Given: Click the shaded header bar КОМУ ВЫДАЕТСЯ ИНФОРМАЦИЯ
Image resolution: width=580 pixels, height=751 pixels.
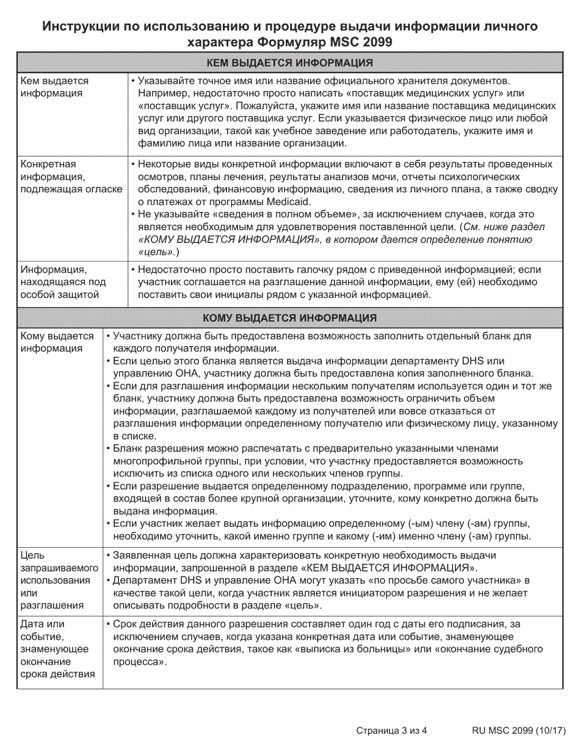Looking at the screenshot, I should point(289,318).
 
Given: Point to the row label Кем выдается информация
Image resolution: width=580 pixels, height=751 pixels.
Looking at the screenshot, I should point(54,87).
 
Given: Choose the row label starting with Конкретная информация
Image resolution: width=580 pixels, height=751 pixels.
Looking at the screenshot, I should point(71,176).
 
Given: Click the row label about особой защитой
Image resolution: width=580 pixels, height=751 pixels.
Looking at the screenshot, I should point(63,282).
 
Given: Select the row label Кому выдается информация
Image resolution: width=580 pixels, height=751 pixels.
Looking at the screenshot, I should point(57,343).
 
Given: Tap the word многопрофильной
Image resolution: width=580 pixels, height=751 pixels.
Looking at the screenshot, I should point(159,461).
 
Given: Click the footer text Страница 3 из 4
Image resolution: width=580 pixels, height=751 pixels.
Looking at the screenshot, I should point(391,730).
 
